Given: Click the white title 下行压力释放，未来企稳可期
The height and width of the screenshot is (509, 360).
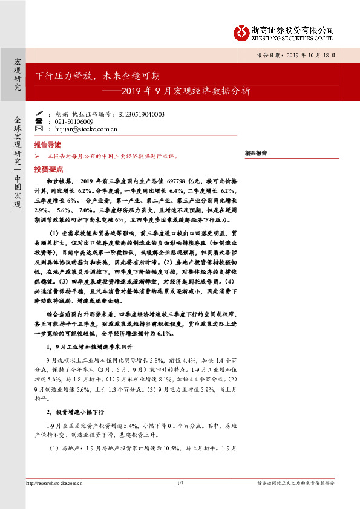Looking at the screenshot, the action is tap(97, 76).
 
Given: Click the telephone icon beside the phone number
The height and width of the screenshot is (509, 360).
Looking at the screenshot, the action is tap(39, 122).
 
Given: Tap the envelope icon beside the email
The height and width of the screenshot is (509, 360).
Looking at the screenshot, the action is tap(39, 129).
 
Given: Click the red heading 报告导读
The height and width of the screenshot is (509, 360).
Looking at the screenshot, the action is tap(47, 146).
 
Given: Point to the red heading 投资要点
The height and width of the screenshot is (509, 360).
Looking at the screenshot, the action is tap(47, 169).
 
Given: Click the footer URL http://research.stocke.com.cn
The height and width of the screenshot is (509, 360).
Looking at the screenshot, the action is tap(54, 483).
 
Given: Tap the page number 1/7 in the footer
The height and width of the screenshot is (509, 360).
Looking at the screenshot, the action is tap(180, 483).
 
